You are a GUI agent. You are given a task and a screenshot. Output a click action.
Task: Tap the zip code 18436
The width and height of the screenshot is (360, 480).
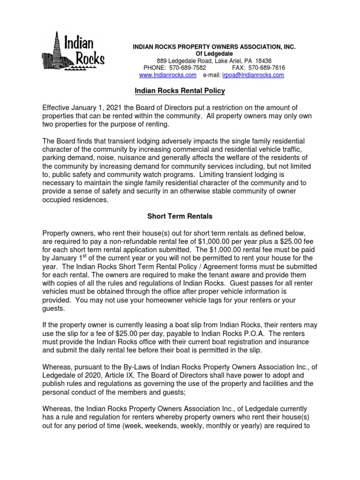click(x=262, y=61)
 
